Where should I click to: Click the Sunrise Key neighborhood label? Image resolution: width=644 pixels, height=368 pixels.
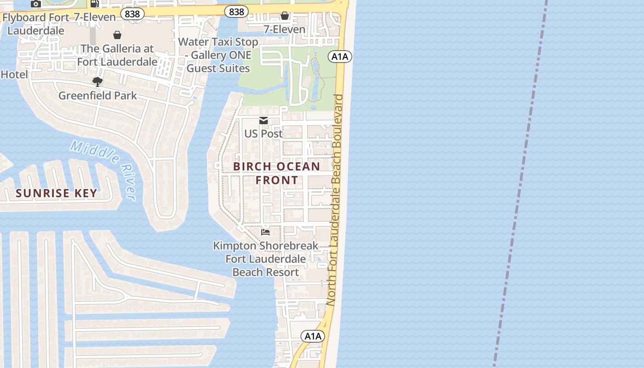56,193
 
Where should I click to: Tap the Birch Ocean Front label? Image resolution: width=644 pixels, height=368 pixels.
276,173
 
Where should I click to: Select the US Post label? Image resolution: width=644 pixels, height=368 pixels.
263,134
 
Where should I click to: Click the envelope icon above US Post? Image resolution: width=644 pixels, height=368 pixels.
264,121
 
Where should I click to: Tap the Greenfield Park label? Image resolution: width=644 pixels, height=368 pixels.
98,96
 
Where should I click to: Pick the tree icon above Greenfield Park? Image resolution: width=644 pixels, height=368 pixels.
98,82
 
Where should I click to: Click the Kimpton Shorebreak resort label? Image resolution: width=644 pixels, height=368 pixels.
265,259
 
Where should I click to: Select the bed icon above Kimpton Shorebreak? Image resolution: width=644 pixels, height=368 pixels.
265,232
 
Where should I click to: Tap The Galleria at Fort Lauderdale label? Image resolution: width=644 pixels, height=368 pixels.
117,55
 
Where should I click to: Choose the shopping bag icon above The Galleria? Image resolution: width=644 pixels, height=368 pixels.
117,35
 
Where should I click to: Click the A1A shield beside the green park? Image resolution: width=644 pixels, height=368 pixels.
340,57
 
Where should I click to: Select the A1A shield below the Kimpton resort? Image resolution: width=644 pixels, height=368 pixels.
313,336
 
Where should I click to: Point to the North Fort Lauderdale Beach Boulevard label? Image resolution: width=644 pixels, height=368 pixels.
337,200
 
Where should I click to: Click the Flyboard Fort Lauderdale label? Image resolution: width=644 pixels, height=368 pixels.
33,24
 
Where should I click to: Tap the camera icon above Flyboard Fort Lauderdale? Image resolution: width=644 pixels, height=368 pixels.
35,4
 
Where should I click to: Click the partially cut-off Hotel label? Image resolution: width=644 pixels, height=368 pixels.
14,75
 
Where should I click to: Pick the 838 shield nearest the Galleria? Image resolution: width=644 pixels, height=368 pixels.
132,14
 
